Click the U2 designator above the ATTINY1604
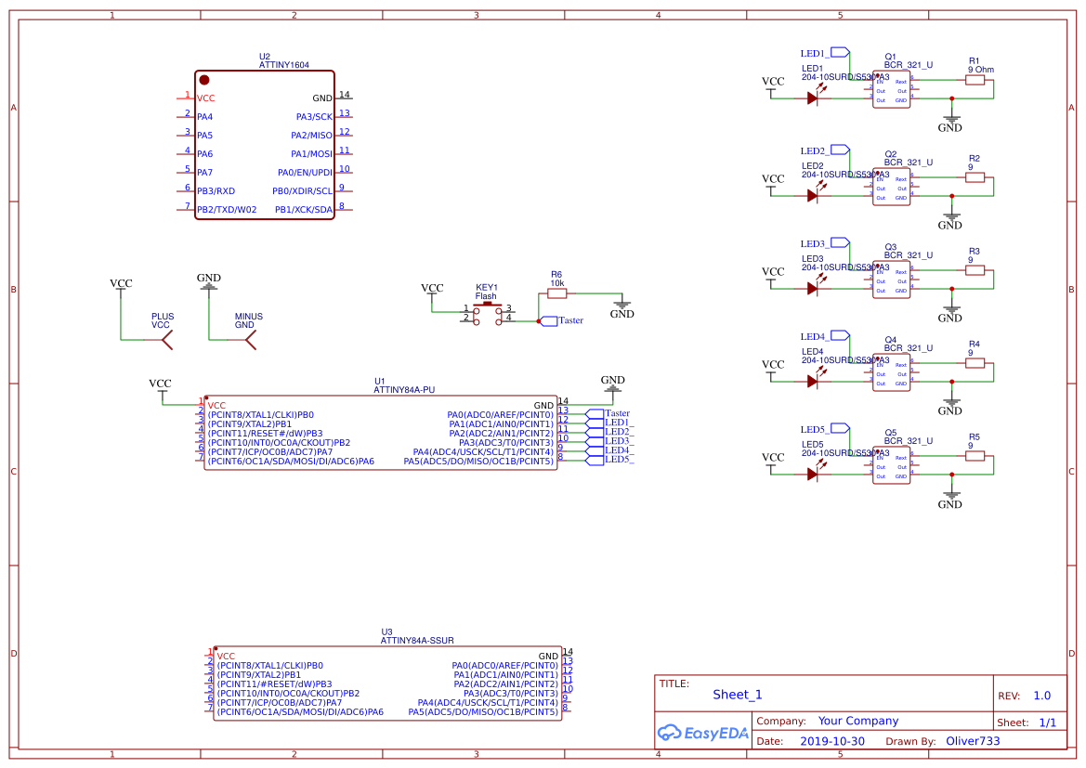[265, 57]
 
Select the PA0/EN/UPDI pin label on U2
[305, 173]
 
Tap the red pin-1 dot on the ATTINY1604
[204, 81]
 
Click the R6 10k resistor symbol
[556, 293]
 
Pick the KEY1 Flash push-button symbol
[487, 312]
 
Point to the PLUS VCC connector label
[163, 321]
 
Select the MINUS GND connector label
[248, 321]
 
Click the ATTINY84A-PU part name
[404, 391]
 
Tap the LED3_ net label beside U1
[619, 441]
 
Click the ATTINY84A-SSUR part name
[417, 641]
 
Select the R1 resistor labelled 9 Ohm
[975, 80]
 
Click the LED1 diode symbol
[813, 99]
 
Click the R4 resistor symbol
[975, 363]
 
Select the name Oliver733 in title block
[973, 742]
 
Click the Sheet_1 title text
[738, 695]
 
